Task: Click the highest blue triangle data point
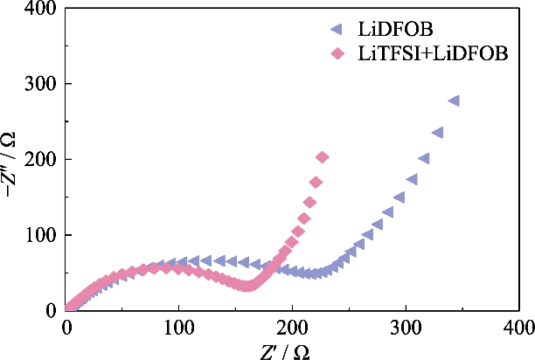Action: point(454,101)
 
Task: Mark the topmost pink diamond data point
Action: point(322,158)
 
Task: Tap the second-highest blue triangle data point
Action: point(438,133)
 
